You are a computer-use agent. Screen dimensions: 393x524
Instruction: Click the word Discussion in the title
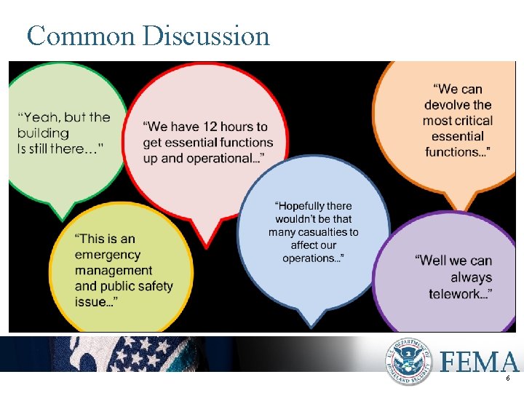pyautogui.click(x=206, y=36)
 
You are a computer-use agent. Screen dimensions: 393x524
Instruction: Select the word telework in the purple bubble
pyautogui.click(x=457, y=293)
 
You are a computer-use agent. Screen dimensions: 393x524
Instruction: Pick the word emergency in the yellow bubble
pyautogui.click(x=107, y=255)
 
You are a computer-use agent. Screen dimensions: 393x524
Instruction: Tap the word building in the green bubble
pyautogui.click(x=44, y=132)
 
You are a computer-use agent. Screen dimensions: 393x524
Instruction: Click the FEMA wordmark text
pyautogui.click(x=480, y=361)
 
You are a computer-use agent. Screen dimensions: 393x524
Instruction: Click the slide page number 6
pyautogui.click(x=508, y=380)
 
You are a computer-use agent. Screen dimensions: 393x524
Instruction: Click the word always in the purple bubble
pyautogui.click(x=472, y=277)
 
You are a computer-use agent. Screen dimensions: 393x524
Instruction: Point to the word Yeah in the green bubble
pyautogui.click(x=37, y=117)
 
